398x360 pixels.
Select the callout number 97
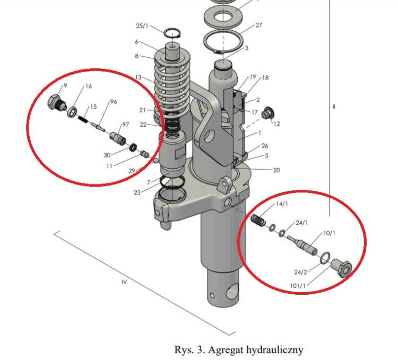coord(126,125)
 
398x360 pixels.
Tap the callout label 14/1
coord(281,204)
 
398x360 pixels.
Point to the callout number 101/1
coord(299,286)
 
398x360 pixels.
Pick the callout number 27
coord(258,25)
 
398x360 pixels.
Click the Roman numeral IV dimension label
coord(124,282)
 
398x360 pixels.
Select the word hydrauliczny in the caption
coord(276,350)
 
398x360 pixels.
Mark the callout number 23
coord(137,193)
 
